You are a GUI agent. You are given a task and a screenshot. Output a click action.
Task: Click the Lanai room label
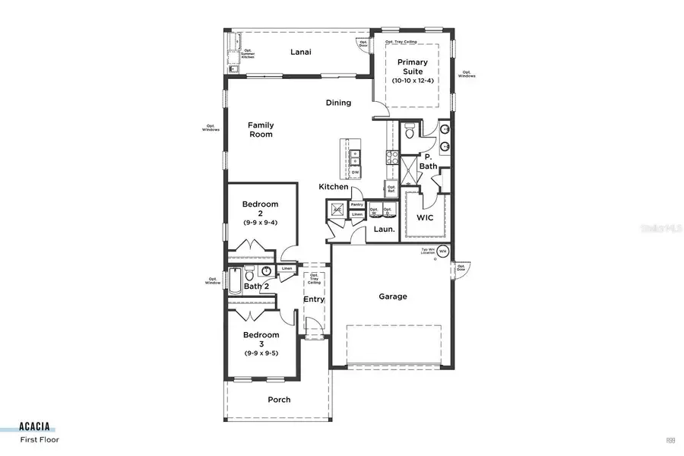coord(302,52)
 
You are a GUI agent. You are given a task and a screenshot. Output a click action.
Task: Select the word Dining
coord(338,103)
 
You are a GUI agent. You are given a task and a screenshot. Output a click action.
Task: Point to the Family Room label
coord(260,130)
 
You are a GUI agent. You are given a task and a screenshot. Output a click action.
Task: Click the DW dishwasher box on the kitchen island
coord(355,173)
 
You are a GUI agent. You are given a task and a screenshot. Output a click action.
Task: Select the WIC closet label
coord(425,217)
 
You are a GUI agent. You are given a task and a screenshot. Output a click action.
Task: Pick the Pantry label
coord(356,205)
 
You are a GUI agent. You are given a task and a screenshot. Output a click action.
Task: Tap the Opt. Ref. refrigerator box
coord(391,188)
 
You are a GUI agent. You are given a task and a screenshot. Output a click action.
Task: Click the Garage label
coord(393,296)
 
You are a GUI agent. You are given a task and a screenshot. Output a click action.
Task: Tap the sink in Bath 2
coord(266,271)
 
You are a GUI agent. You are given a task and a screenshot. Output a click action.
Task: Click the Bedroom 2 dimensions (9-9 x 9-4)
coord(261,223)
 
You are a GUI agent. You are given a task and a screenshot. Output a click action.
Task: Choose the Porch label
coord(279,400)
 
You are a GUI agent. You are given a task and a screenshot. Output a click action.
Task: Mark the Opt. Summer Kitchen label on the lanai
coord(248,54)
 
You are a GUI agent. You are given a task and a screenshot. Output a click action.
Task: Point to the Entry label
coord(314,299)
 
